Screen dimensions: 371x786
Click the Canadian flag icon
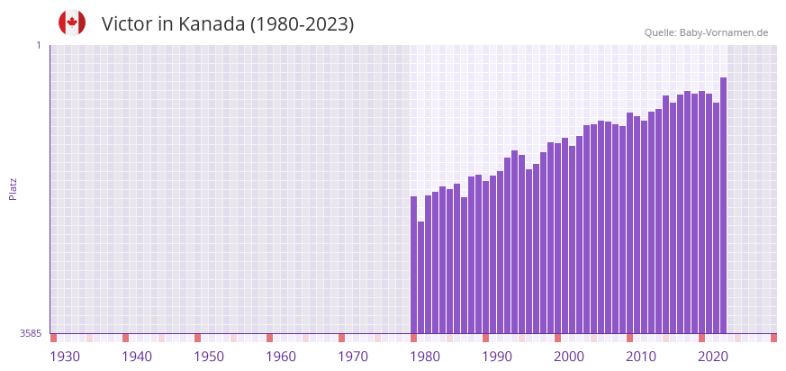pyautogui.click(x=72, y=23)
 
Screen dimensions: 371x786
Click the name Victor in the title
pyautogui.click(x=127, y=24)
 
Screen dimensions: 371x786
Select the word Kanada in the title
pyautogui.click(x=212, y=24)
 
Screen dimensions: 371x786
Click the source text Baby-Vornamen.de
pyautogui.click(x=723, y=32)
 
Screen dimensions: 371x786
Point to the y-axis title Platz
pyautogui.click(x=14, y=188)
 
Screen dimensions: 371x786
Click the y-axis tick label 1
pyautogui.click(x=38, y=45)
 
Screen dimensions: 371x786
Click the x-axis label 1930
pyautogui.click(x=65, y=357)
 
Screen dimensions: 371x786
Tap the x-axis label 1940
pyautogui.click(x=137, y=357)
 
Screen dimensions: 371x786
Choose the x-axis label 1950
pyautogui.click(x=209, y=357)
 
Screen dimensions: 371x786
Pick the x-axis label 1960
pyautogui.click(x=281, y=357)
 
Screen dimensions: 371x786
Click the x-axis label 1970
pyautogui.click(x=353, y=357)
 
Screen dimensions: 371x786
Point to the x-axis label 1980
pyautogui.click(x=425, y=357)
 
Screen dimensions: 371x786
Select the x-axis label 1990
pyautogui.click(x=497, y=357)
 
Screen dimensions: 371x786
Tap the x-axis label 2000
pyautogui.click(x=569, y=357)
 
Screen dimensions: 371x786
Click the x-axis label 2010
pyautogui.click(x=641, y=357)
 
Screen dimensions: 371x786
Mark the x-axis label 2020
pyautogui.click(x=713, y=357)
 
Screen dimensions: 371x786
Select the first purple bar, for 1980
pyautogui.click(x=414, y=265)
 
